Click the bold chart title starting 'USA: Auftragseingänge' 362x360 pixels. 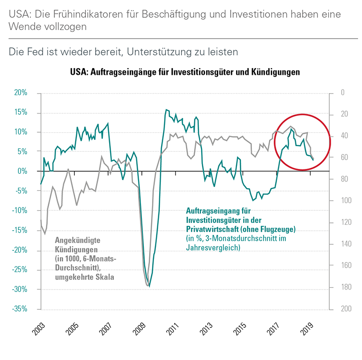pos(185,72)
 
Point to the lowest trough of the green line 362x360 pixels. pos(149,286)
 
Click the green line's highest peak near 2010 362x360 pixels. pos(166,110)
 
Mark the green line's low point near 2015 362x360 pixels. pos(252,200)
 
